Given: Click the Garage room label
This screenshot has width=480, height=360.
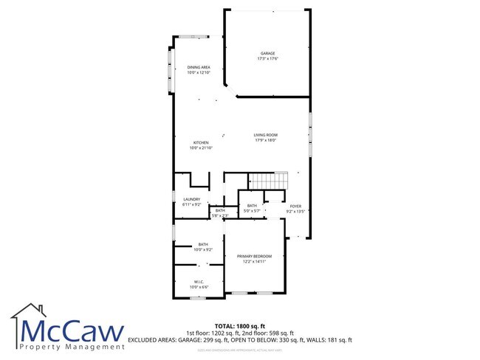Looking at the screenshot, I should pyautogui.click(x=267, y=53).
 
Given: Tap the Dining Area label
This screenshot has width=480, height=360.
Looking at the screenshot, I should pyautogui.click(x=199, y=67).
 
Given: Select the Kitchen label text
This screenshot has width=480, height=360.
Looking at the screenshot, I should pyautogui.click(x=201, y=142).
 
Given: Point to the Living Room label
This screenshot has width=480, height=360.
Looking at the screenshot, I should pyautogui.click(x=265, y=135).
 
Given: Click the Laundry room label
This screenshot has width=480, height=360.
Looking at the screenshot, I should pyautogui.click(x=192, y=199).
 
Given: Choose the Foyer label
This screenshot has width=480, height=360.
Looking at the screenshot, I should pyautogui.click(x=296, y=206).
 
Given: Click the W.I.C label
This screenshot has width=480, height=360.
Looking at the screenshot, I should pyautogui.click(x=199, y=281).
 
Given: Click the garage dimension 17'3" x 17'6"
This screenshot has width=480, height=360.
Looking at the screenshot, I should pyautogui.click(x=267, y=59).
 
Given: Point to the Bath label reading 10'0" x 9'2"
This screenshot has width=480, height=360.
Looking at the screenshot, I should pyautogui.click(x=202, y=249).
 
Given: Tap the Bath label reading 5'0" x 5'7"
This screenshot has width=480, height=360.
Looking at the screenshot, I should pyautogui.click(x=252, y=211).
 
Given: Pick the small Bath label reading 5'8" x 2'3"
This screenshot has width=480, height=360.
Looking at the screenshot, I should pyautogui.click(x=219, y=215).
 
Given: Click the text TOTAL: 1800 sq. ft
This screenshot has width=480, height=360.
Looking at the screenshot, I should pyautogui.click(x=239, y=325).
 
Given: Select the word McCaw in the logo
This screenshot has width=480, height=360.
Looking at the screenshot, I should pyautogui.click(x=72, y=330).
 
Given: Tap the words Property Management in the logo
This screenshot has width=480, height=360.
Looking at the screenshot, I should pyautogui.click(x=72, y=346).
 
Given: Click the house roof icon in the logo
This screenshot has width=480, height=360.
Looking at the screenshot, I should pyautogui.click(x=30, y=314).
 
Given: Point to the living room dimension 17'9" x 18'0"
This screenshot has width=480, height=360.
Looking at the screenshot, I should pyautogui.click(x=265, y=141).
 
